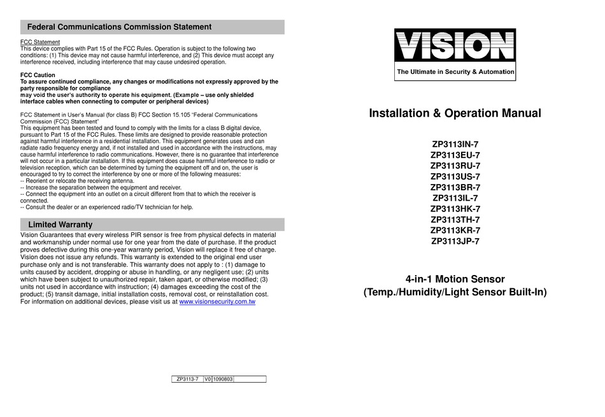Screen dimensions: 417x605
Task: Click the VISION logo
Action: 455,46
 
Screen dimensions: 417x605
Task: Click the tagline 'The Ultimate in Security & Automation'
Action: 455,72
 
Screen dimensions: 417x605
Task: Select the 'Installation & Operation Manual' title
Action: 455,113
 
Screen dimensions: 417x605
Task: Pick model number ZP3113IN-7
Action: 455,144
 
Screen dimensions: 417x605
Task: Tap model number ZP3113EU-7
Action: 455,155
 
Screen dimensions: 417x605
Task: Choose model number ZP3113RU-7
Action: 455,166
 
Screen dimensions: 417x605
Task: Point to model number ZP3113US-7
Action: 455,176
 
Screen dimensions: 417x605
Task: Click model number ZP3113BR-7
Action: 455,187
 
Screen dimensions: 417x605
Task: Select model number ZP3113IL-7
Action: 455,198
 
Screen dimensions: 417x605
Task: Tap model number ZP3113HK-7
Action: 455,209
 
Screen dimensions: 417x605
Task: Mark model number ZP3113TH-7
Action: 455,220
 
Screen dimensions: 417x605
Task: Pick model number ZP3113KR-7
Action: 455,230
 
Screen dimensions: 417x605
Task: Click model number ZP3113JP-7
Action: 455,241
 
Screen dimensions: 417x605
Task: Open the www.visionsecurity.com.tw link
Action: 217,302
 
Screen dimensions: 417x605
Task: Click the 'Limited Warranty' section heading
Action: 60,225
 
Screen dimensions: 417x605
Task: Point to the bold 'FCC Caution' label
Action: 38,75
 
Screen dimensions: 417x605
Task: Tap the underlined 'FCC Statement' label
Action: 40,42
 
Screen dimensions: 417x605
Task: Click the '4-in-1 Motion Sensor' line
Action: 455,279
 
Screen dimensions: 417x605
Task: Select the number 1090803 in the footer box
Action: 222,379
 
